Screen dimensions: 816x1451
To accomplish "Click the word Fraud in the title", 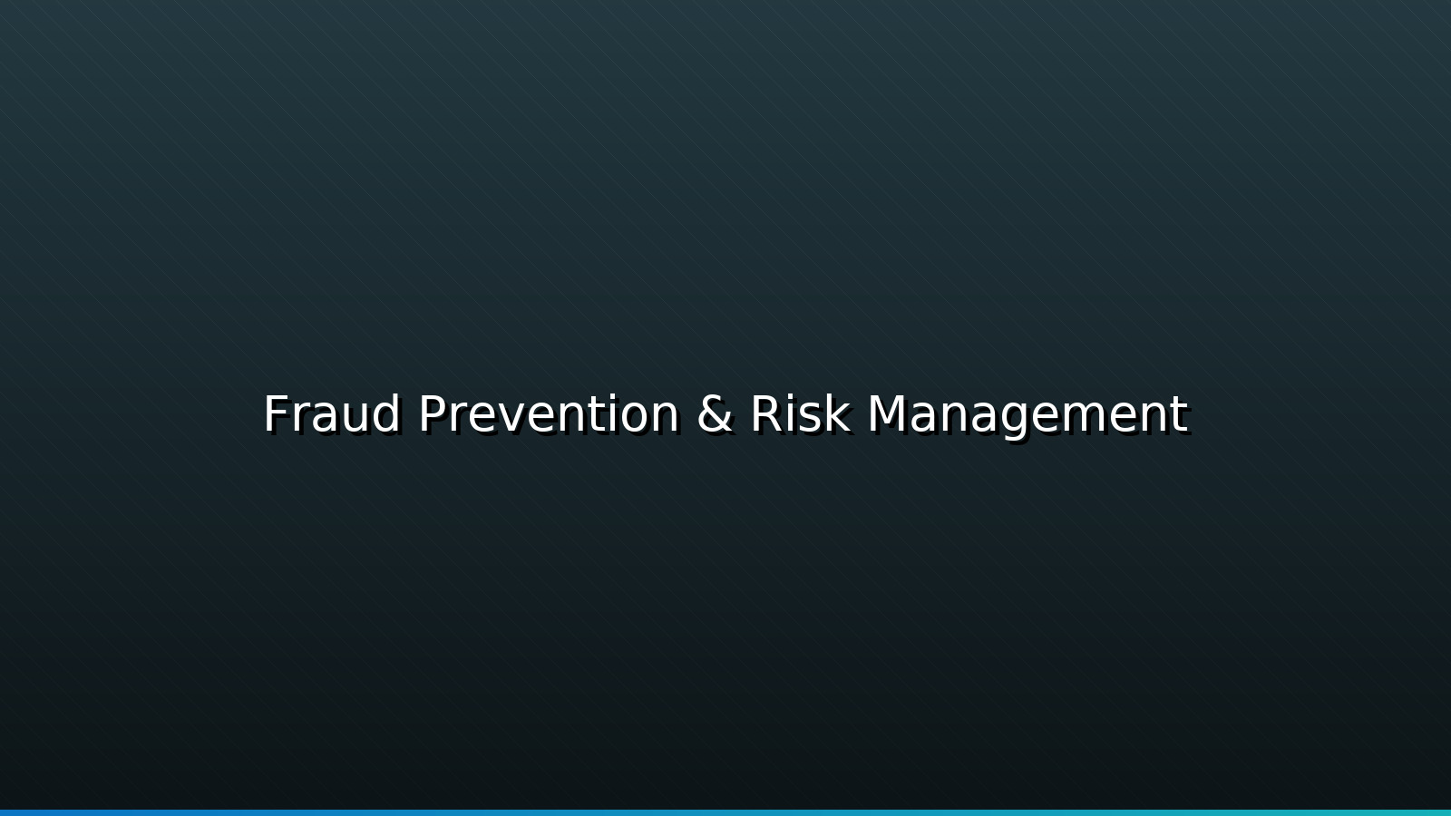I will click(332, 414).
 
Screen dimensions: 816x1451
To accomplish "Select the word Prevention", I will click(549, 414).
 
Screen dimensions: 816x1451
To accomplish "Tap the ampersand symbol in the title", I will click(715, 414).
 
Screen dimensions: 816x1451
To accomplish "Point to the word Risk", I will click(800, 414).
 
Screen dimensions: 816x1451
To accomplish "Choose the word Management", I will click(1027, 414).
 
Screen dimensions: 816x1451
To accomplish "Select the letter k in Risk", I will click(838, 414).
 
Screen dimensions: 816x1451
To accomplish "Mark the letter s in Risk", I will click(812, 419).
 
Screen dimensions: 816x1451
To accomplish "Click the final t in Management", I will click(1180, 416).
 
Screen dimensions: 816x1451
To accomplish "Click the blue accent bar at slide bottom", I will click(725, 812).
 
